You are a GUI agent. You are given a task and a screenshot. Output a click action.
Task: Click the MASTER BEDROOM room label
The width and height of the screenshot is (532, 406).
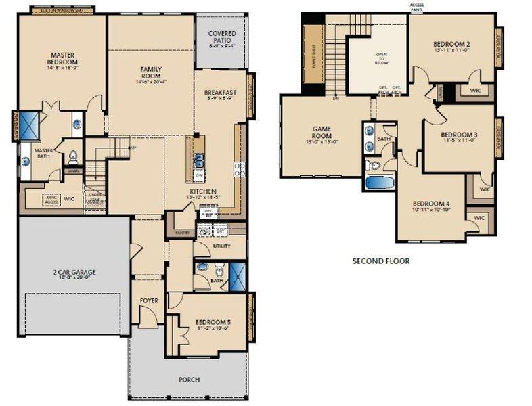60,60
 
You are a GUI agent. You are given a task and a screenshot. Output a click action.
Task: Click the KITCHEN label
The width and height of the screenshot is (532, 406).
203,192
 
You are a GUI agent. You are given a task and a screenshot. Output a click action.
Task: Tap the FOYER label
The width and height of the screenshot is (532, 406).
149,300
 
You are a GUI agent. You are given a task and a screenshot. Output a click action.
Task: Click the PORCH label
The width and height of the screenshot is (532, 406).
190,380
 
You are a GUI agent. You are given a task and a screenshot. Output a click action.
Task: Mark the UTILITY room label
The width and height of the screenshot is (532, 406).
222,246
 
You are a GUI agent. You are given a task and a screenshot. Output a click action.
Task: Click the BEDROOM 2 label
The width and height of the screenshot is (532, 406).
451,45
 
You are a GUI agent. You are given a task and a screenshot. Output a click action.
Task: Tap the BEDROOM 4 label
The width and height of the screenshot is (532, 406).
430,204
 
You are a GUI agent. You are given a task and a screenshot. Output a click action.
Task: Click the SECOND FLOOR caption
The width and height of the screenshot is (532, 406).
381,261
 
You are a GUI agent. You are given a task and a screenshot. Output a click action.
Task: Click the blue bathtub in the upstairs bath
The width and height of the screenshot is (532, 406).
380,183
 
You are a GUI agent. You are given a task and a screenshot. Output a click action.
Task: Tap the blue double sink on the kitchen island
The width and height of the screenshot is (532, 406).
200,160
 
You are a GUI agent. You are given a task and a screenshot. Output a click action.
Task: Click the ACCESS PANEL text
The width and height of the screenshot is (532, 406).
417,7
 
